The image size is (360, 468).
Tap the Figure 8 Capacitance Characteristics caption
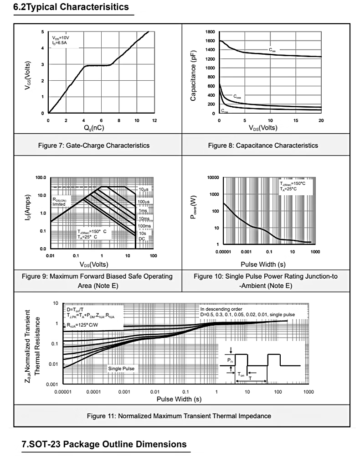[263, 146]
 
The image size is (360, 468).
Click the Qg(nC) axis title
[97, 128]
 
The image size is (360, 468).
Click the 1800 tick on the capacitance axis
[210, 32]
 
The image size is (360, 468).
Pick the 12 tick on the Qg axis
[154, 120]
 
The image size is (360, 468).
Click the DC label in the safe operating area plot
[142, 239]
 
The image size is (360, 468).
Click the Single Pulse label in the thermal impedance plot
[120, 368]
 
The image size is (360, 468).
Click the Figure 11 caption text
[179, 416]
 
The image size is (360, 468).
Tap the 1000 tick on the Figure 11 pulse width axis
[309, 392]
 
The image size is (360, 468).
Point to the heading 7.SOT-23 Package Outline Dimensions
[104, 444]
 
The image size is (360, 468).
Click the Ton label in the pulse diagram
[242, 374]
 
